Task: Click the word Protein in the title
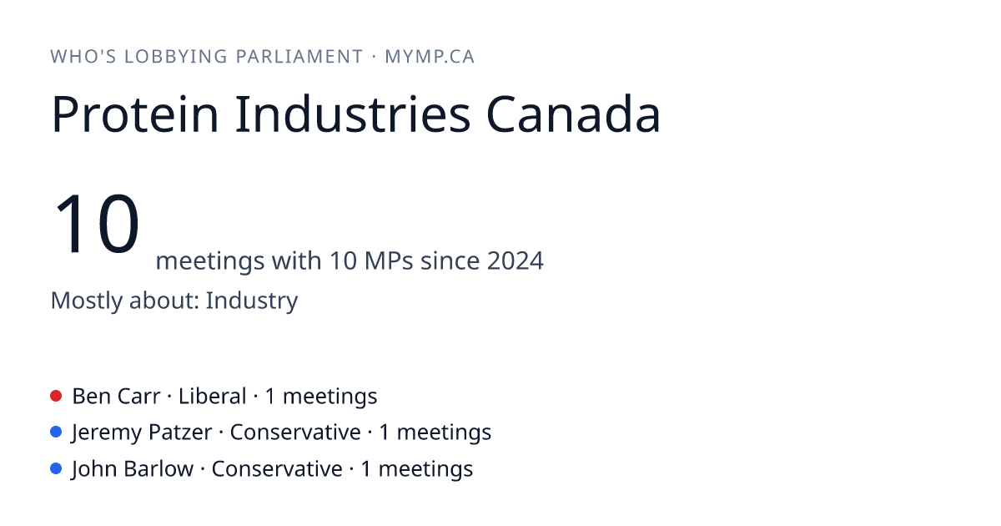click(135, 114)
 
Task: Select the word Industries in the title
click(353, 114)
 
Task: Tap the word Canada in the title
click(573, 114)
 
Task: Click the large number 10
click(96, 223)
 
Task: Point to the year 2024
click(516, 260)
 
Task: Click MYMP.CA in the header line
click(430, 57)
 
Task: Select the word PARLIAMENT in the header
click(299, 57)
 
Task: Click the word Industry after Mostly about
click(252, 301)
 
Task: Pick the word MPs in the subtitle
click(389, 260)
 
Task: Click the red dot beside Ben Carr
click(56, 396)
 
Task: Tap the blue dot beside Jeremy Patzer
click(56, 432)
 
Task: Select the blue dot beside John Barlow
click(56, 468)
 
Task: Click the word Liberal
click(212, 397)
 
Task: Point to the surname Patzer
click(180, 432)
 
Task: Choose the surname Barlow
click(158, 469)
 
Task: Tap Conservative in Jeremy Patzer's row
click(295, 432)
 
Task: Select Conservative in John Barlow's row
click(277, 469)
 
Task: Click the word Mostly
click(87, 301)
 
